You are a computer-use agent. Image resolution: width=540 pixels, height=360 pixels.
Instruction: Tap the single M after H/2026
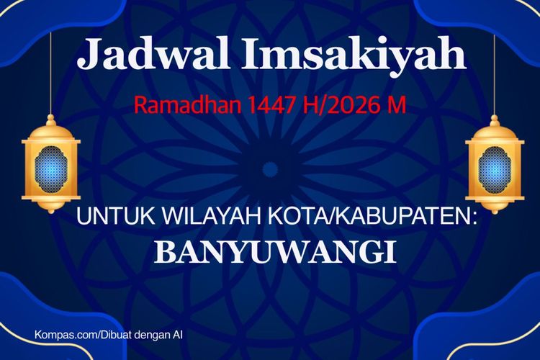[397, 106]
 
